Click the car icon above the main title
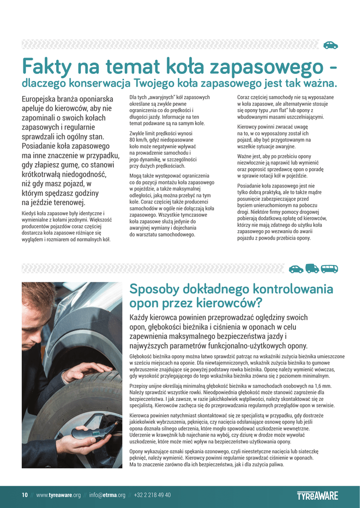coord(330,45)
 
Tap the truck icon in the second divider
coord(312,268)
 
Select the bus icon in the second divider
coord(329,268)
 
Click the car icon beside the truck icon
coord(296,268)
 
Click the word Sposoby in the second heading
coord(154,289)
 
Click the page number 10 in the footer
coord(24,495)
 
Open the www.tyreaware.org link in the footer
coord(58,495)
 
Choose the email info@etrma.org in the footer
coord(107,495)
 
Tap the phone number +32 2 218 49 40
coord(152,495)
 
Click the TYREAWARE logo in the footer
coord(317,495)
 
